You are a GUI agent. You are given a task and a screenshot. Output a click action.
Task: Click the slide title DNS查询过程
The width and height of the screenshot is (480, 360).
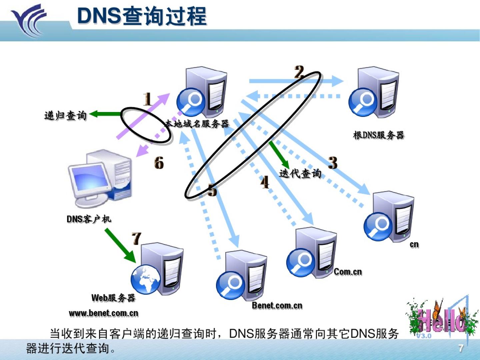coord(142,16)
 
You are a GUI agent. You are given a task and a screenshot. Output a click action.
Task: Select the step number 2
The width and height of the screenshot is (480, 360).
coord(299,72)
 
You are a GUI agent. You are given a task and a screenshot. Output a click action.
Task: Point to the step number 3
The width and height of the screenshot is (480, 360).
coord(332,163)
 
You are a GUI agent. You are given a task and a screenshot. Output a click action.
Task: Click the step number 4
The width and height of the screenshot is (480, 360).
coord(265,182)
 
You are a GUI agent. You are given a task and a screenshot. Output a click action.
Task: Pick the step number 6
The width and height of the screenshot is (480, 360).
coord(159,163)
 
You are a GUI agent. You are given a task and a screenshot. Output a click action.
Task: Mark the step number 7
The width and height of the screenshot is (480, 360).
coord(136,239)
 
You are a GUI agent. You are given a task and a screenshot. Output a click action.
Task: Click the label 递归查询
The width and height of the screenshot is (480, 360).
coord(65,116)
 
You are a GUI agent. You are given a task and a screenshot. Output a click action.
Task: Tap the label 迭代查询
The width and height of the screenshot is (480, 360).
coord(300,173)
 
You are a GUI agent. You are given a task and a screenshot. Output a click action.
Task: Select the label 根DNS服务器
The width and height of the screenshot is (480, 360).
coord(378,135)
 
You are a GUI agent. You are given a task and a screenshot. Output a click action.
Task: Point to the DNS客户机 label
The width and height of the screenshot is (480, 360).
coord(89,219)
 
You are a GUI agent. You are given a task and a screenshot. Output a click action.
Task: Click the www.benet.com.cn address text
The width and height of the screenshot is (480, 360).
coord(103,313)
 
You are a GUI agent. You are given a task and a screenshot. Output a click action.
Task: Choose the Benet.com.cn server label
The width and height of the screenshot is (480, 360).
coord(277,305)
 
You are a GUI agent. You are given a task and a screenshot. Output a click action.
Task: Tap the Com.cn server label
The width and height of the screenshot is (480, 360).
coord(348,272)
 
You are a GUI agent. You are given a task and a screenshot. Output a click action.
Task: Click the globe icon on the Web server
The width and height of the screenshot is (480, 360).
coord(145,279)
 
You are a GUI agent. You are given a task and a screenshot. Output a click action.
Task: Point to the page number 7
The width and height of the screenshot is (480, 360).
coord(461,348)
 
